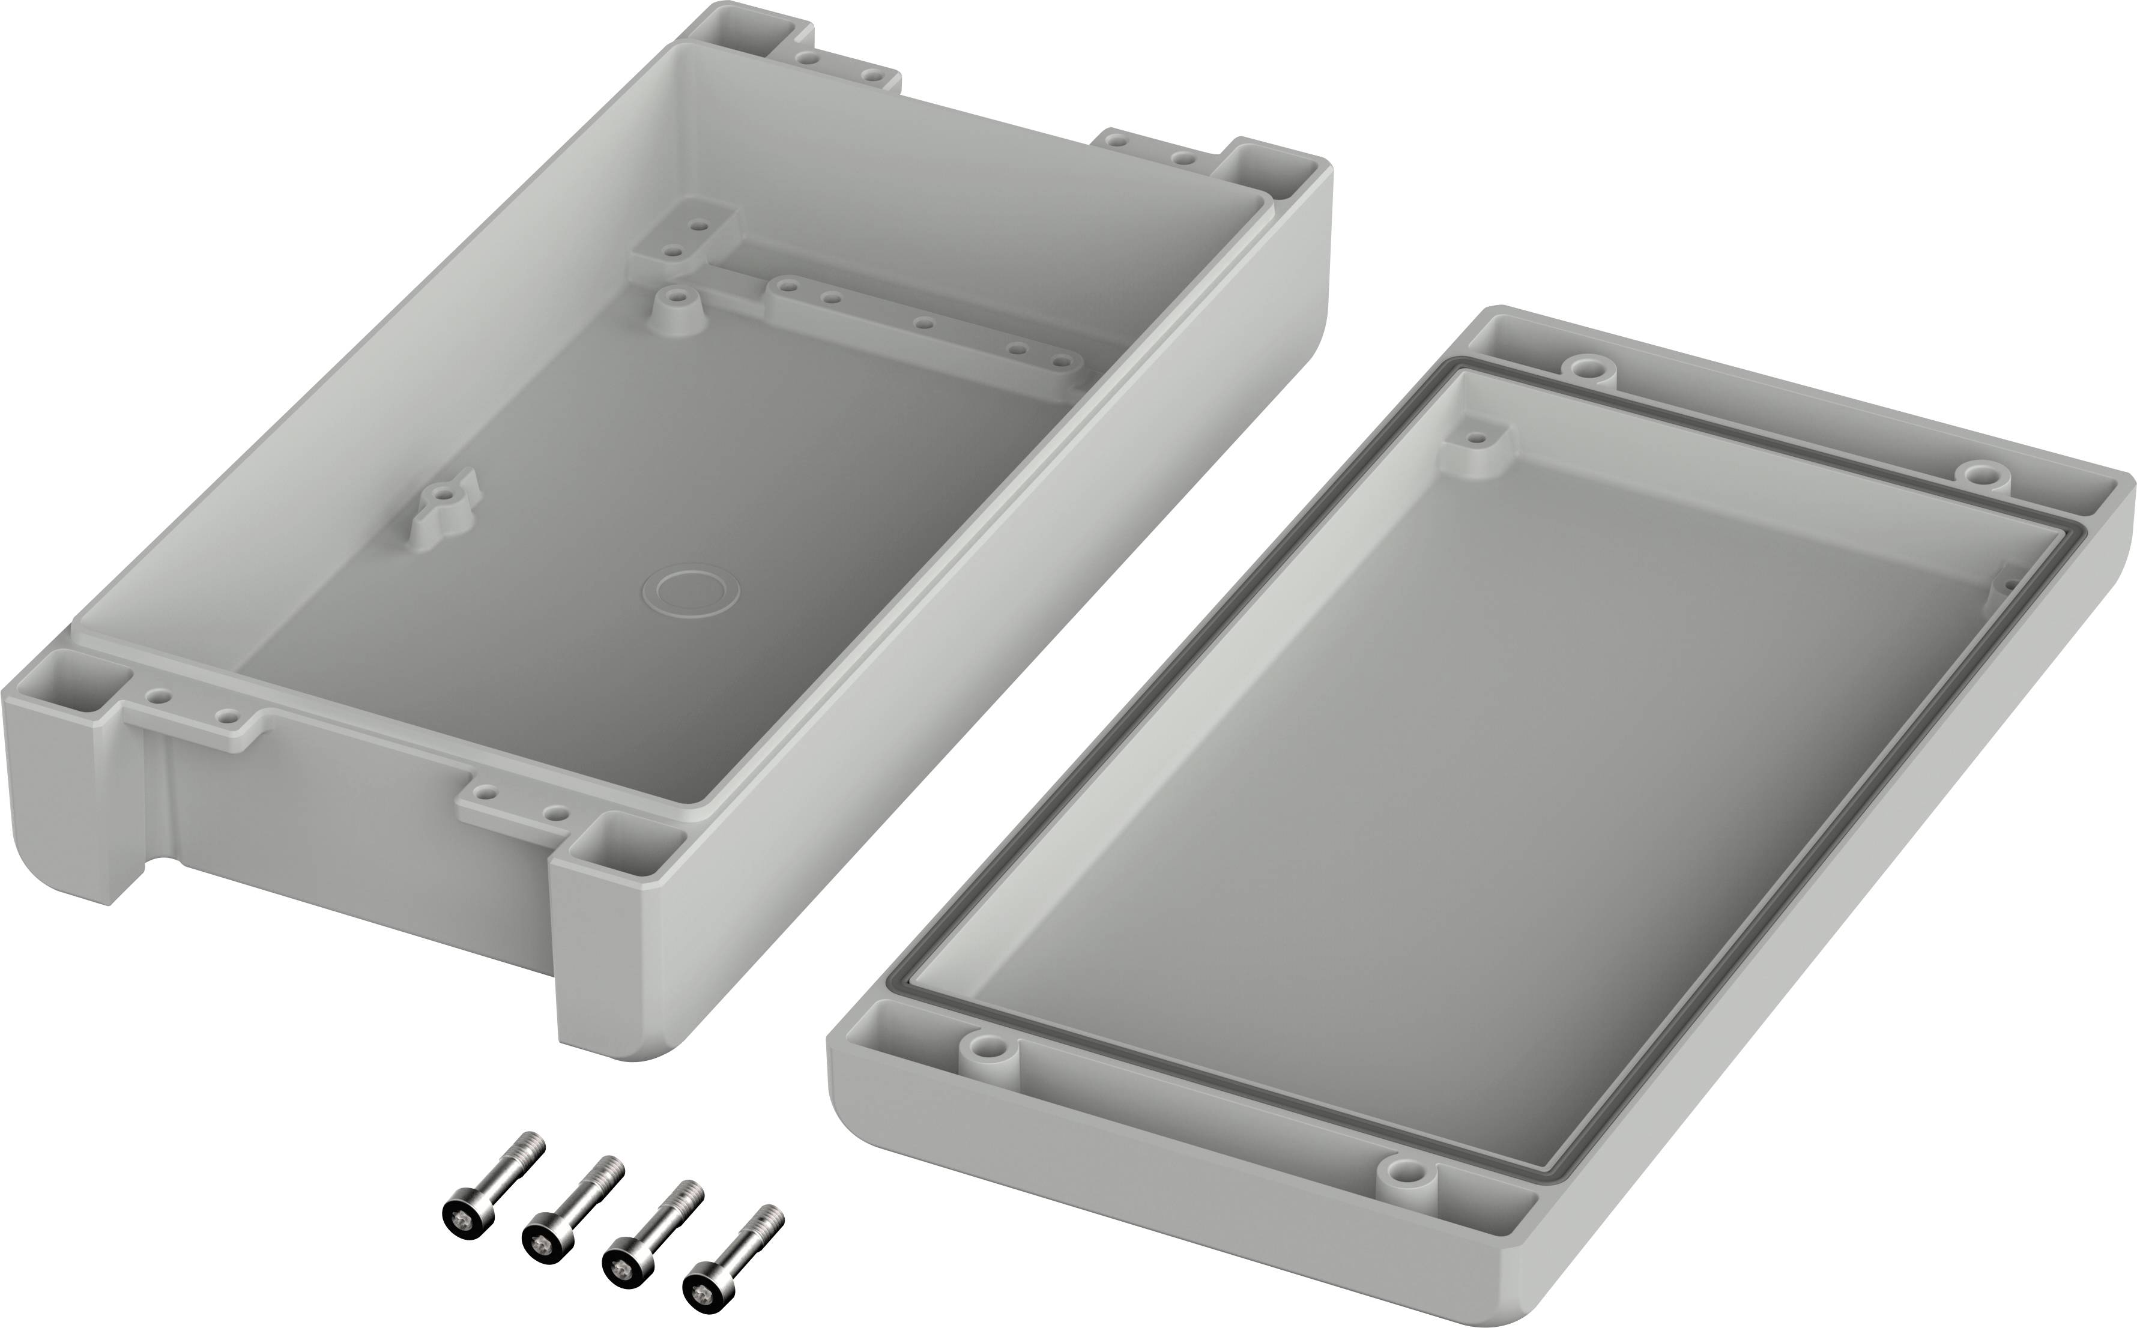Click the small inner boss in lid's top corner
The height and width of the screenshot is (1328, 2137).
pos(1478,438)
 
